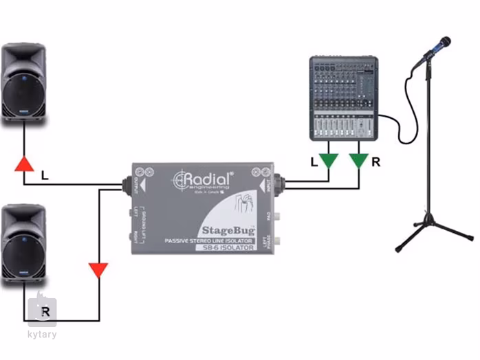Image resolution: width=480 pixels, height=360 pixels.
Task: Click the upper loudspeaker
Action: [x=25, y=82]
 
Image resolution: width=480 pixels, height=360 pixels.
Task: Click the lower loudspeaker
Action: [x=25, y=244]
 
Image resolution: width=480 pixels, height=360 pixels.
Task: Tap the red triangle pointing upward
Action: [x=24, y=164]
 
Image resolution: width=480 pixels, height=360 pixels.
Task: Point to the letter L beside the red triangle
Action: [x=45, y=176]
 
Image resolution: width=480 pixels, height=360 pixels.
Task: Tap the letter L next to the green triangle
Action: [x=314, y=163]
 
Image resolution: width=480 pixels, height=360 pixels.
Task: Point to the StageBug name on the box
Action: [x=228, y=229]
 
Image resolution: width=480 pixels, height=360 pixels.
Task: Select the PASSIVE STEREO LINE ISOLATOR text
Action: [x=209, y=240]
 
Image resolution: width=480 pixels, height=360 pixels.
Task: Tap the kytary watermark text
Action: [x=43, y=335]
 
